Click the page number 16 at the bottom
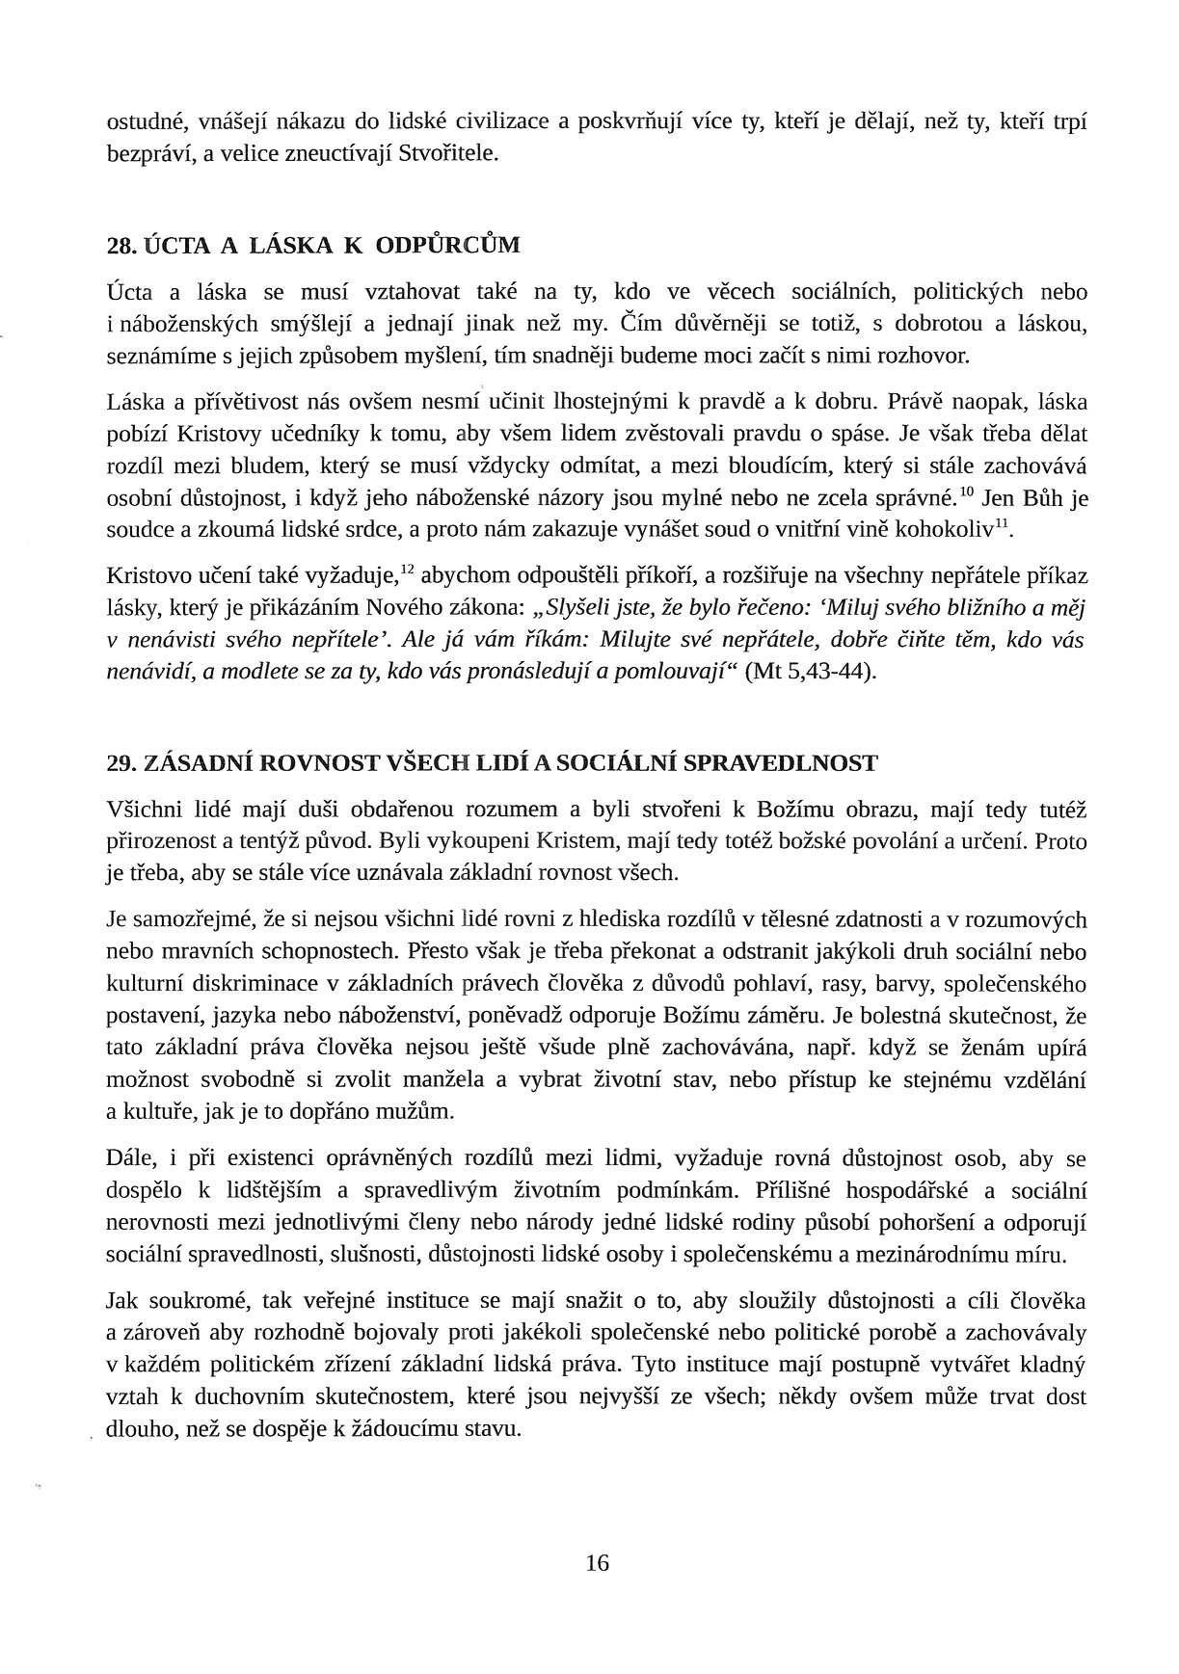[597, 1562]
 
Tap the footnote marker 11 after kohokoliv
[1003, 523]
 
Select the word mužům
[423, 1111]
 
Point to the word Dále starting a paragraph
[125, 1158]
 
